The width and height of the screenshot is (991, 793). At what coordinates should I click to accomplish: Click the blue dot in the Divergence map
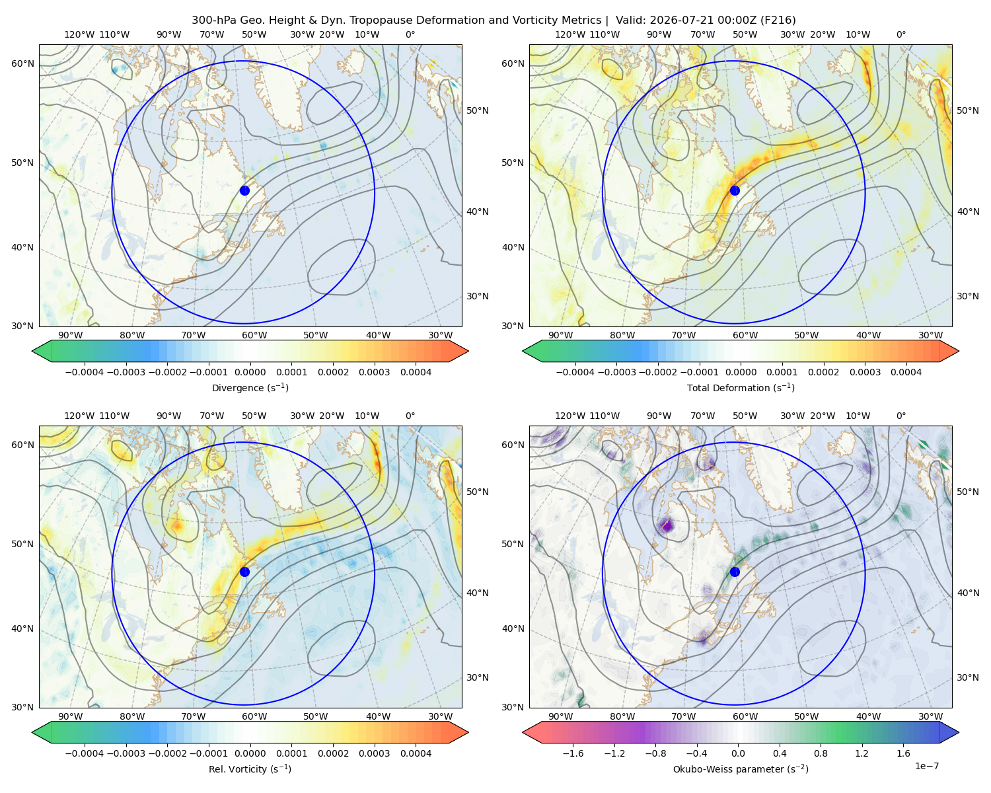click(x=244, y=190)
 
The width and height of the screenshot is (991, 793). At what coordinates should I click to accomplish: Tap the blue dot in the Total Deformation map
click(x=735, y=190)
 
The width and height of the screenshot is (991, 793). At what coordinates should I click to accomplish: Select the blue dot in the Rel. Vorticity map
click(x=244, y=572)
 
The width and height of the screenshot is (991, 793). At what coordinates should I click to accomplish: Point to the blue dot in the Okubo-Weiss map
click(x=735, y=572)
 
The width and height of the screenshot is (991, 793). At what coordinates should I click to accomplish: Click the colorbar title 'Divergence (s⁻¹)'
click(x=250, y=387)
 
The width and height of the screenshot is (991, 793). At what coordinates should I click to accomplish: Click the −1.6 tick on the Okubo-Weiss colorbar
click(x=573, y=753)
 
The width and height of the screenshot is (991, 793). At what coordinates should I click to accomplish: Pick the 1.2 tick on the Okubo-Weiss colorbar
click(x=862, y=753)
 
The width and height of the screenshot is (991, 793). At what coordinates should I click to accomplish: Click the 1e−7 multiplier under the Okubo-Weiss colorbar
click(x=926, y=766)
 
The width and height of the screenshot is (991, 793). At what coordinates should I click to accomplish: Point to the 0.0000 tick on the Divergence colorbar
click(x=250, y=372)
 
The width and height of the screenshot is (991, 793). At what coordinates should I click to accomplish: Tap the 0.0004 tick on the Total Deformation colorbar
click(x=906, y=372)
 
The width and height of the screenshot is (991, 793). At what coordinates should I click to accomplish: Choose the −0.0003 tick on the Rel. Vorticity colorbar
click(x=126, y=753)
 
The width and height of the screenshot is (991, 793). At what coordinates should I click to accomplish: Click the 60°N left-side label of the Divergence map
click(x=22, y=63)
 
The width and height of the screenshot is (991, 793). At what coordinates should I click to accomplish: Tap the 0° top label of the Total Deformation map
click(x=900, y=34)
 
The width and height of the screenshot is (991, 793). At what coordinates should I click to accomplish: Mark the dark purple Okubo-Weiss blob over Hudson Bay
click(x=666, y=525)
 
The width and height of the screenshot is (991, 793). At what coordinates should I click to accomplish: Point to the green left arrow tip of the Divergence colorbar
click(x=32, y=351)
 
